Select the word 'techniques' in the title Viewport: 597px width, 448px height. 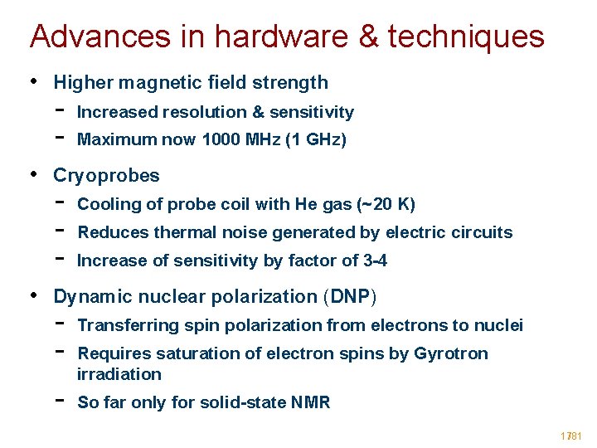pos(466,37)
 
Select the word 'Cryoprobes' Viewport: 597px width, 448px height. pos(106,176)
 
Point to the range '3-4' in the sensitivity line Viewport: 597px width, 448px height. pos(376,261)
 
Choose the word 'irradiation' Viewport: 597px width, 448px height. pos(119,374)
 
